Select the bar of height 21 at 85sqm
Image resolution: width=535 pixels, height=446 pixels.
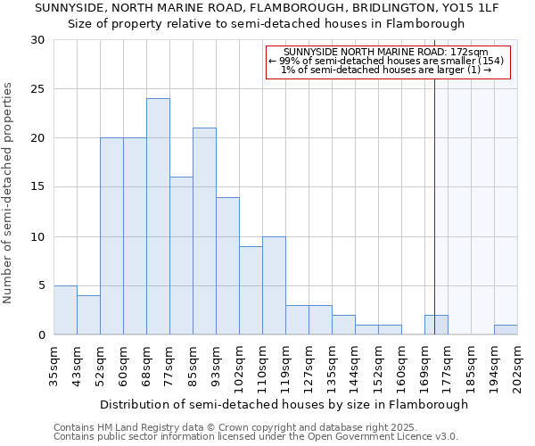pyautogui.click(x=204, y=231)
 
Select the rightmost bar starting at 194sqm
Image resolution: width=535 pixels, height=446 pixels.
pyautogui.click(x=506, y=330)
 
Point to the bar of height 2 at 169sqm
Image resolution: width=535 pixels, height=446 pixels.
pyautogui.click(x=436, y=326)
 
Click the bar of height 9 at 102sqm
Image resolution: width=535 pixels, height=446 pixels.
pyautogui.click(x=251, y=291)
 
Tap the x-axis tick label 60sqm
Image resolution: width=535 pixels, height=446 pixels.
pyautogui.click(x=124, y=367)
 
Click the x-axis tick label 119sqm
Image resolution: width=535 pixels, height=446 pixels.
pyautogui.click(x=286, y=367)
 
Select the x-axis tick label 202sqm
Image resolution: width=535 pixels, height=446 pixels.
pyautogui.click(x=518, y=367)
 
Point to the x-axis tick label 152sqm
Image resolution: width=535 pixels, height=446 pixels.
pyautogui.click(x=379, y=367)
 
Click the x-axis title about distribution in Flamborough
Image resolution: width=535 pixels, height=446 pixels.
pyautogui.click(x=284, y=404)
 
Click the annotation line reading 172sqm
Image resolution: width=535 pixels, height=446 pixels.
pyautogui.click(x=387, y=53)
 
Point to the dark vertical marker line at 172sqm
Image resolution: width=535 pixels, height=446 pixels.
pyautogui.click(x=434, y=178)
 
